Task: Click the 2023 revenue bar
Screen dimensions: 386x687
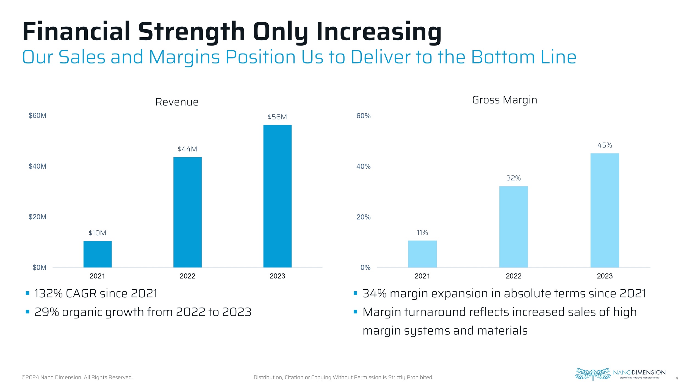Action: (277, 196)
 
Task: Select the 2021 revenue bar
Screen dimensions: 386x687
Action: (98, 254)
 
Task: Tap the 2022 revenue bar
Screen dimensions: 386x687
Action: (187, 212)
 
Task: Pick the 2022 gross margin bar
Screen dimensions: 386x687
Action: (513, 227)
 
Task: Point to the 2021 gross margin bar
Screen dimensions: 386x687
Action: (422, 254)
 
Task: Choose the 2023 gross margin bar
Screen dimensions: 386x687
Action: (605, 210)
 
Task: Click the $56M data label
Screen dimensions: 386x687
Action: (277, 117)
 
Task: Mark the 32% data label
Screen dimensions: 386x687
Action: (513, 178)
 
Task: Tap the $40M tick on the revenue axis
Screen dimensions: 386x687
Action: (37, 166)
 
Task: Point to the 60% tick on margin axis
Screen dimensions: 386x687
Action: (363, 116)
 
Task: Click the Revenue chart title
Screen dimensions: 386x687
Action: (177, 102)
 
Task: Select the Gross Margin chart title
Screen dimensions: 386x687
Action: (505, 100)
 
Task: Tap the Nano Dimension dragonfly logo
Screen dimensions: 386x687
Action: (592, 374)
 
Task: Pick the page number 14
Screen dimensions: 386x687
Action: (676, 378)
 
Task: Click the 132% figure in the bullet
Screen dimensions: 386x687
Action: (48, 293)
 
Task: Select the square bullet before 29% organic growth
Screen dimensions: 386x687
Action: (27, 312)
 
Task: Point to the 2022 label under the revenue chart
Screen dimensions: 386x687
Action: (187, 276)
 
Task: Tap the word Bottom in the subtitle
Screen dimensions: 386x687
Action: (503, 57)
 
